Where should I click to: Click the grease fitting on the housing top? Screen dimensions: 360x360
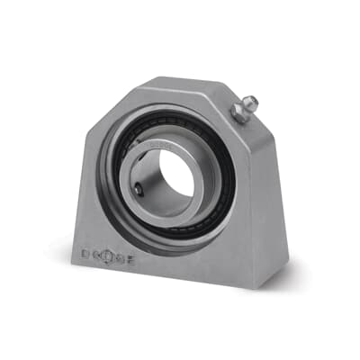[x=242, y=109]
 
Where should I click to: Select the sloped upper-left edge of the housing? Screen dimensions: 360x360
[x=106, y=117]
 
